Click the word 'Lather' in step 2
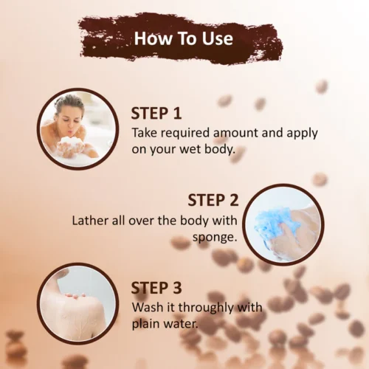pyautogui.click(x=90, y=221)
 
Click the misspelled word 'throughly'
pyautogui.click(x=208, y=307)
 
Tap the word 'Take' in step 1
pyautogui.click(x=145, y=134)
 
